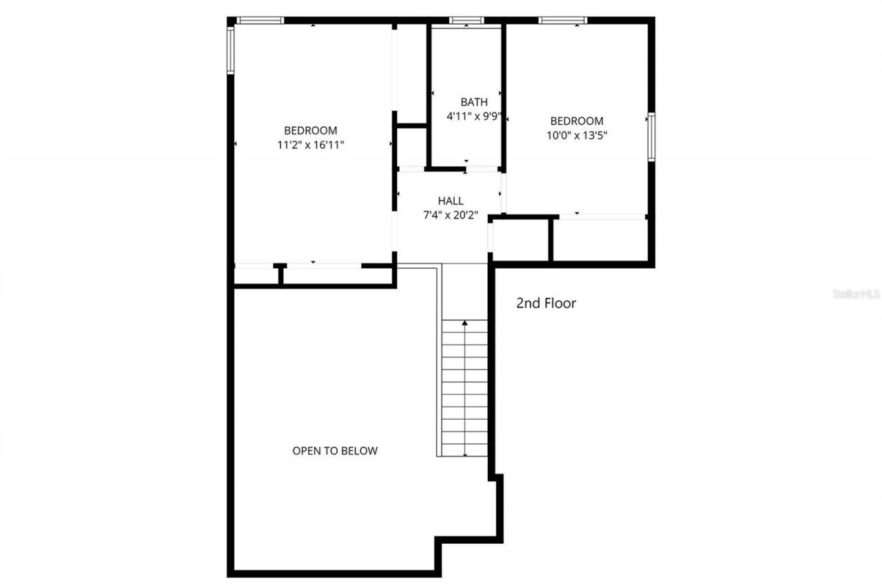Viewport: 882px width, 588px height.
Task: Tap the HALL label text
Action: click(451, 201)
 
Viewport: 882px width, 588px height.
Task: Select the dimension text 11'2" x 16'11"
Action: click(311, 145)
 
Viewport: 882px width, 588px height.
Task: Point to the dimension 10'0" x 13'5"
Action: click(577, 136)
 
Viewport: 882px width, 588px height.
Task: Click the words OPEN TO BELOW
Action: click(335, 451)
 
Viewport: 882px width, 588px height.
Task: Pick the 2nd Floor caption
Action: click(546, 303)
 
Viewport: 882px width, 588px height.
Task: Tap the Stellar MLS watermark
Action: click(857, 294)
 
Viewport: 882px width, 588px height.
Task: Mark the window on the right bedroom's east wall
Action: click(650, 137)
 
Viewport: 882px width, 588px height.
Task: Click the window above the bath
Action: click(466, 20)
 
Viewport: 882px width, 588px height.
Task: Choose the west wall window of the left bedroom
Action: click(231, 50)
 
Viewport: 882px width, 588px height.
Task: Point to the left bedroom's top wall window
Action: click(260, 20)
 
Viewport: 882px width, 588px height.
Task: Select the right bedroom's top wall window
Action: click(562, 20)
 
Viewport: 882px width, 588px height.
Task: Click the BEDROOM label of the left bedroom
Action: click(311, 130)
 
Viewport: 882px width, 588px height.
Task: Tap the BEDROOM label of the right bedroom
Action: click(577, 121)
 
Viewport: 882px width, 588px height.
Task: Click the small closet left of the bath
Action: click(412, 146)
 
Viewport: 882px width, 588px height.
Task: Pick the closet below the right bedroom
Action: click(599, 239)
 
